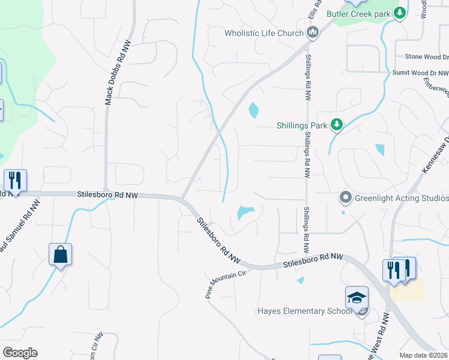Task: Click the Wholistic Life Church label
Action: click(264, 33)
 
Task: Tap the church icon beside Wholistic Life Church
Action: click(312, 32)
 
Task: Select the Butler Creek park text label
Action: click(358, 14)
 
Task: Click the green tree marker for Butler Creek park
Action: click(399, 13)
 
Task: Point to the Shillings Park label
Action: click(301, 125)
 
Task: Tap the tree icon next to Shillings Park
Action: click(337, 124)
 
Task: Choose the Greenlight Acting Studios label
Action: click(402, 198)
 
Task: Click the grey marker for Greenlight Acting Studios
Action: click(345, 197)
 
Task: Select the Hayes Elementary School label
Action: click(305, 311)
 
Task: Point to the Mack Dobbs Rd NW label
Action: click(117, 73)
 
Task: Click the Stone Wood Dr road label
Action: click(426, 56)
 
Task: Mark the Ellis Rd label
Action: click(313, 9)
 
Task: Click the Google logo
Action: click(20, 352)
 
